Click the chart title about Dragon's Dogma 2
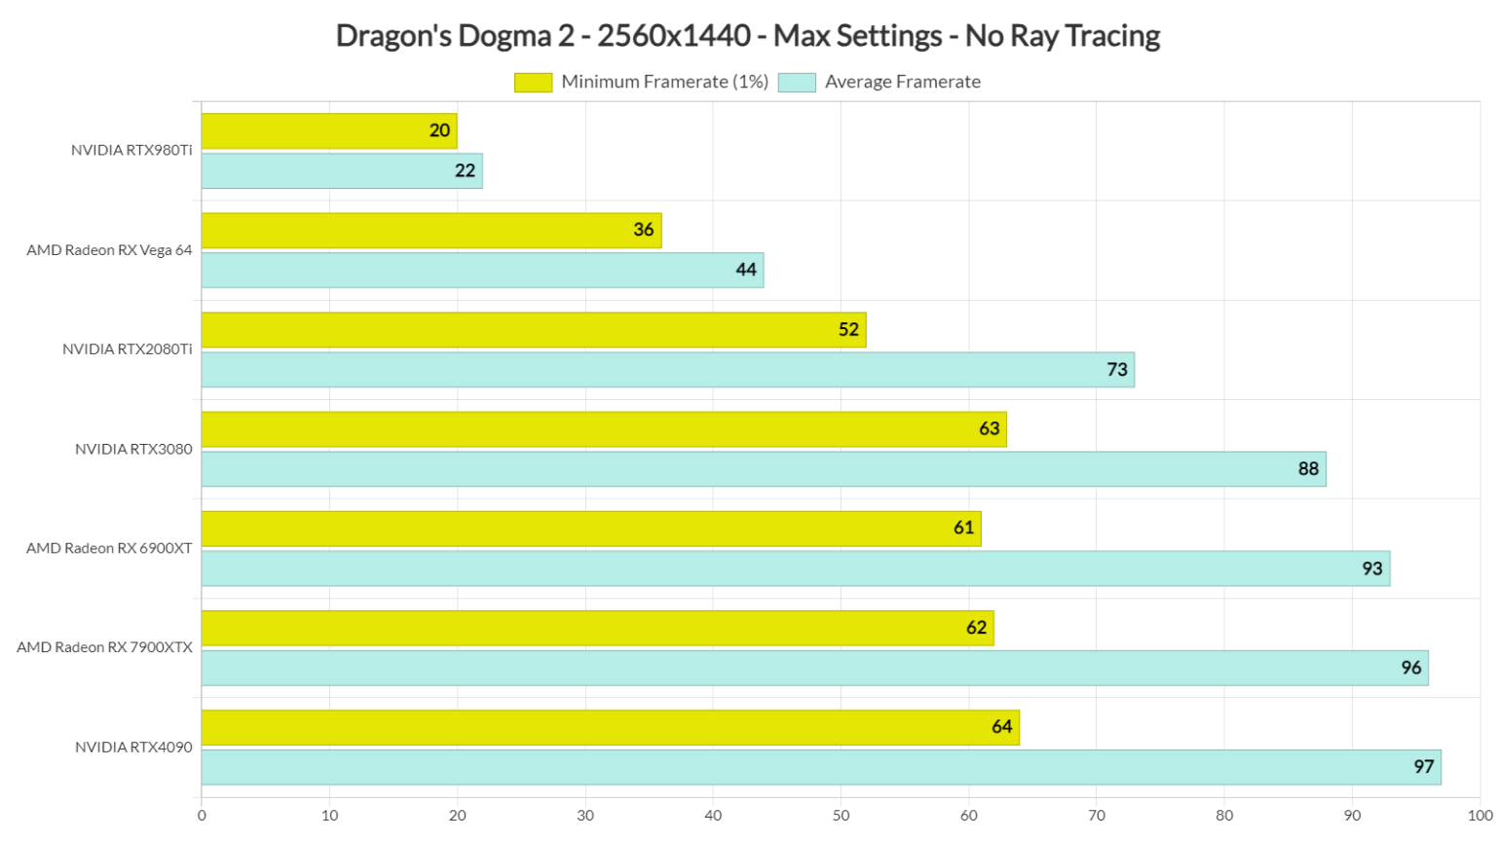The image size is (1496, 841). click(x=747, y=36)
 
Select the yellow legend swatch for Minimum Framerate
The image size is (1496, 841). click(x=533, y=83)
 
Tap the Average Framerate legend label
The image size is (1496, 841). click(x=902, y=83)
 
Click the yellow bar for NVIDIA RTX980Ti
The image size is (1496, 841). click(x=328, y=131)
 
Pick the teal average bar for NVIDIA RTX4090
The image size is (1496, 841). click(x=820, y=767)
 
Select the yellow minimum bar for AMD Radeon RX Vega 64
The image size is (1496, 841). click(x=430, y=231)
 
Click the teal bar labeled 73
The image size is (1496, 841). click(x=667, y=370)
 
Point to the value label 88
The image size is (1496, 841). click(x=1308, y=469)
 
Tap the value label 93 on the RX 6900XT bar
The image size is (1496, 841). click(x=1371, y=568)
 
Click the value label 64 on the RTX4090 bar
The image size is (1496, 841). click(x=1001, y=727)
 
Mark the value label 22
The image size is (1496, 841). click(x=465, y=171)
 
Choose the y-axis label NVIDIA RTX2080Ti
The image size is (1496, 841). click(x=128, y=349)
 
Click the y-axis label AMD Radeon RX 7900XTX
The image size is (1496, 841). click(x=104, y=647)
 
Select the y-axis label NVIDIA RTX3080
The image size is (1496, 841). click(x=133, y=449)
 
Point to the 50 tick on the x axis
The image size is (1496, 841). click(x=841, y=816)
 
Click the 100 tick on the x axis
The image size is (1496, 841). click(x=1478, y=816)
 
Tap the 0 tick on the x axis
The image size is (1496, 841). click(x=202, y=816)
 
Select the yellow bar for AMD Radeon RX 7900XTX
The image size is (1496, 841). click(x=597, y=628)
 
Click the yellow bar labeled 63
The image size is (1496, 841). click(x=603, y=429)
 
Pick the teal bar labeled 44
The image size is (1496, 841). click(x=482, y=271)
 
